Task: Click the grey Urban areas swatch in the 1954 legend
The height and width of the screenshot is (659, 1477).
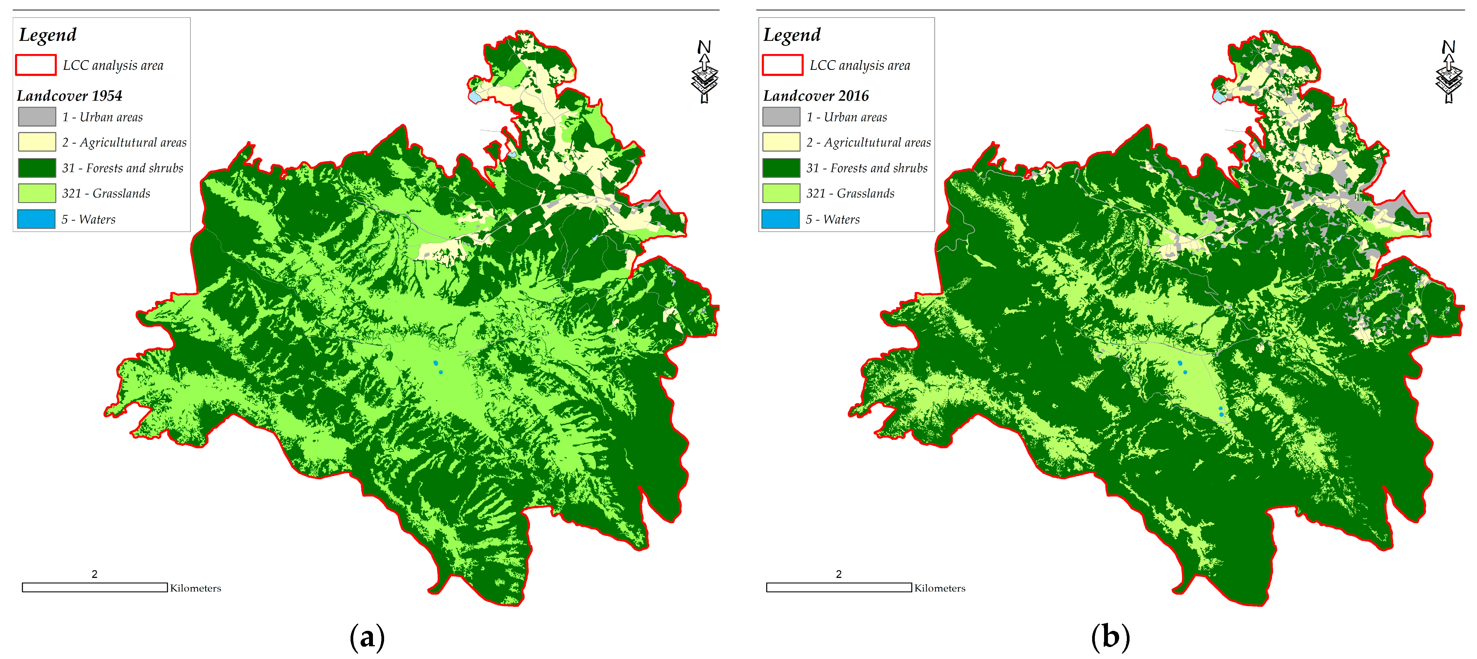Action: coord(37,117)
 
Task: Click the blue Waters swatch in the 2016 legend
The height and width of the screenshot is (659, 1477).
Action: coord(781,219)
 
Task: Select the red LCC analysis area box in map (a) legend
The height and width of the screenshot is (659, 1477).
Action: coord(35,65)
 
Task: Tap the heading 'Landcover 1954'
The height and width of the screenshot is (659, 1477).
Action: coord(69,95)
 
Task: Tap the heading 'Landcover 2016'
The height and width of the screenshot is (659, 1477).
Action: coord(815,95)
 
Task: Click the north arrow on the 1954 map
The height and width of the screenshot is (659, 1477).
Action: coord(705,72)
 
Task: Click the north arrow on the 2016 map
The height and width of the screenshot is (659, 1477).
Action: coord(1448,72)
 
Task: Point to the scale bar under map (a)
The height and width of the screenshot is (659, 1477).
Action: coord(94,587)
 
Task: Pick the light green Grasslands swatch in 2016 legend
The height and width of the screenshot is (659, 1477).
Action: coord(781,193)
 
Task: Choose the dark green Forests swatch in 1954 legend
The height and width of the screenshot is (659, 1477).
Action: coord(37,167)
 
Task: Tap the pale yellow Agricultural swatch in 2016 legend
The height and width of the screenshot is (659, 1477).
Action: coord(781,142)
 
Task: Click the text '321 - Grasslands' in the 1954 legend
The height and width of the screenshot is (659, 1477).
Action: coord(106,193)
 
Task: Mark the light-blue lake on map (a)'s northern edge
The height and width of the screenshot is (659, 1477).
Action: coord(475,97)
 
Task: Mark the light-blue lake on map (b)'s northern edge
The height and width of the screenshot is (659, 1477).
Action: coord(1219,97)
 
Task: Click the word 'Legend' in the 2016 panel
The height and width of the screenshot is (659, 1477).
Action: coord(792,35)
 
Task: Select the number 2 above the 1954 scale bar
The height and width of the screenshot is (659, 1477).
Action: coord(94,574)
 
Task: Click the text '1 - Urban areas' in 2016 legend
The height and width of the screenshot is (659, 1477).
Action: coord(846,117)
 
